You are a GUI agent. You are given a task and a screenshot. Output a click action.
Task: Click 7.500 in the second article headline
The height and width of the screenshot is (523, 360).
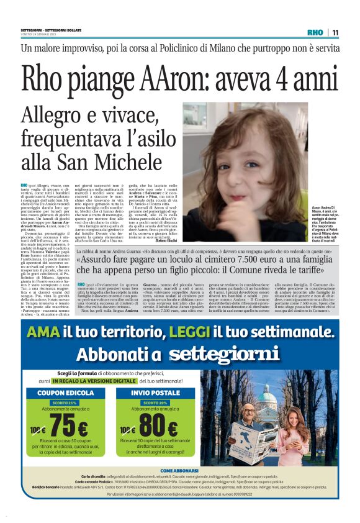click(220, 261)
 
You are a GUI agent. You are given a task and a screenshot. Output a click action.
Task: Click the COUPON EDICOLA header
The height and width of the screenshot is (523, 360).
click(60, 393)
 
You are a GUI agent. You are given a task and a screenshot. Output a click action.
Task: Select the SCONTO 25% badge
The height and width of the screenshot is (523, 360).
click(60, 402)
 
